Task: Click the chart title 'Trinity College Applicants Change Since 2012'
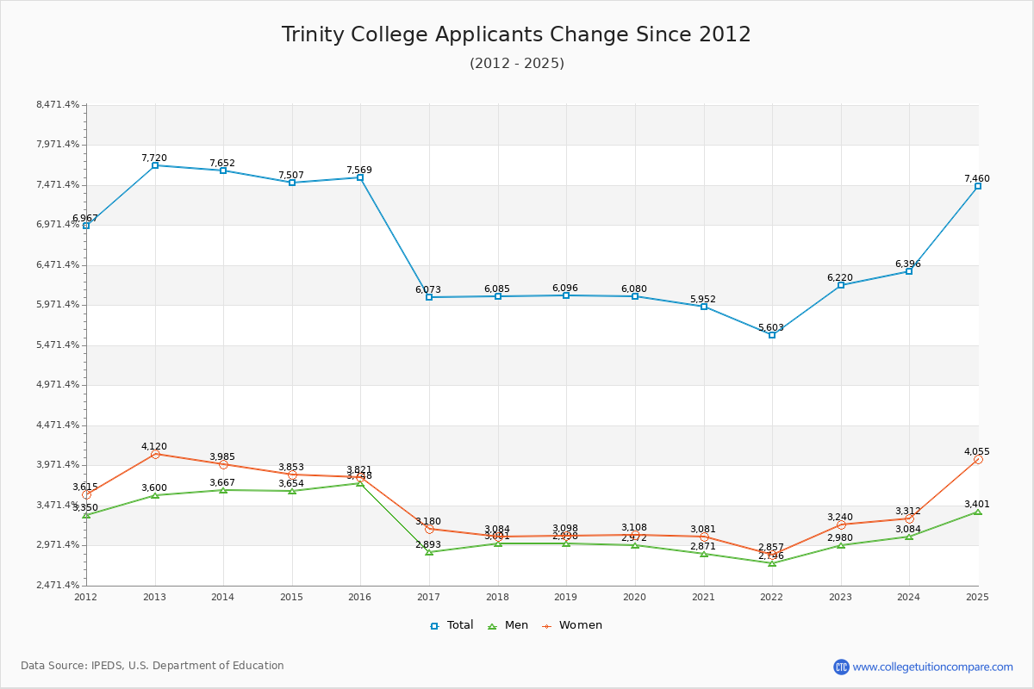[516, 34]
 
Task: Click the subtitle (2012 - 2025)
[516, 64]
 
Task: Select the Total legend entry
[452, 625]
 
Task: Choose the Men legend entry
[508, 625]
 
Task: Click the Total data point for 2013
[155, 165]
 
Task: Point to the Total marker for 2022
[772, 335]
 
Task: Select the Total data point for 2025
[978, 186]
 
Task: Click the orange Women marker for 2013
[155, 454]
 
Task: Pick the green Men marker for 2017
[429, 552]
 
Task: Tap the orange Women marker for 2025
[978, 459]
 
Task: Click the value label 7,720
[154, 158]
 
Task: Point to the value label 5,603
[771, 327]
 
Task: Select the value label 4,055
[977, 451]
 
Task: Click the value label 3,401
[977, 504]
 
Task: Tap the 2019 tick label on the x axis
[566, 596]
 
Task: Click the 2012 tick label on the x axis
[86, 596]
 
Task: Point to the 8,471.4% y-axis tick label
[58, 105]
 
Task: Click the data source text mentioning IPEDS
[153, 666]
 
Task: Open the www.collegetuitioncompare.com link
[932, 667]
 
